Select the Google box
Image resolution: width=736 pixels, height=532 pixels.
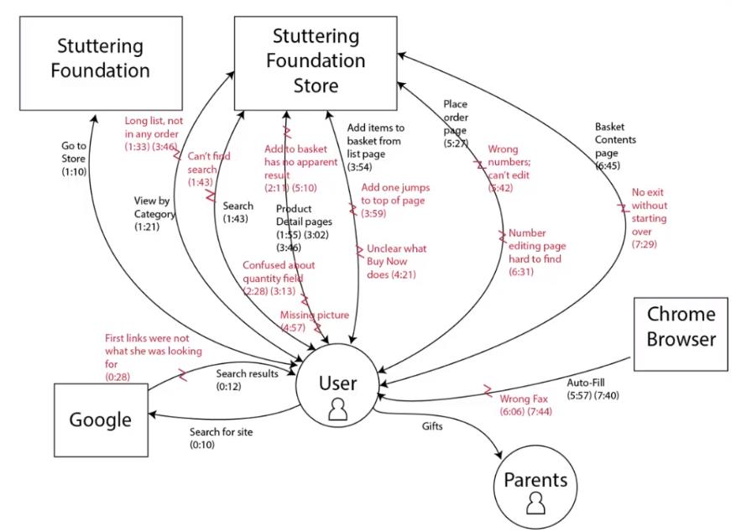(x=100, y=419)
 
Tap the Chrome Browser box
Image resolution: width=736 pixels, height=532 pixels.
(x=681, y=333)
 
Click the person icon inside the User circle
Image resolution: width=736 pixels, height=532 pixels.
(x=337, y=409)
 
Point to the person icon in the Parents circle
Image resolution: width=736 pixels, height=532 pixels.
(x=535, y=503)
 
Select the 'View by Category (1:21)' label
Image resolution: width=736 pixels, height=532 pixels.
(x=154, y=213)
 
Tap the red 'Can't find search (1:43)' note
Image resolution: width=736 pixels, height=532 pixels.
(x=209, y=169)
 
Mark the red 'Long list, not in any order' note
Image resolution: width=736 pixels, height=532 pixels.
(x=163, y=133)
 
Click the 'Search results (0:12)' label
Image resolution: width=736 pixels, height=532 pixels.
(x=247, y=379)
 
